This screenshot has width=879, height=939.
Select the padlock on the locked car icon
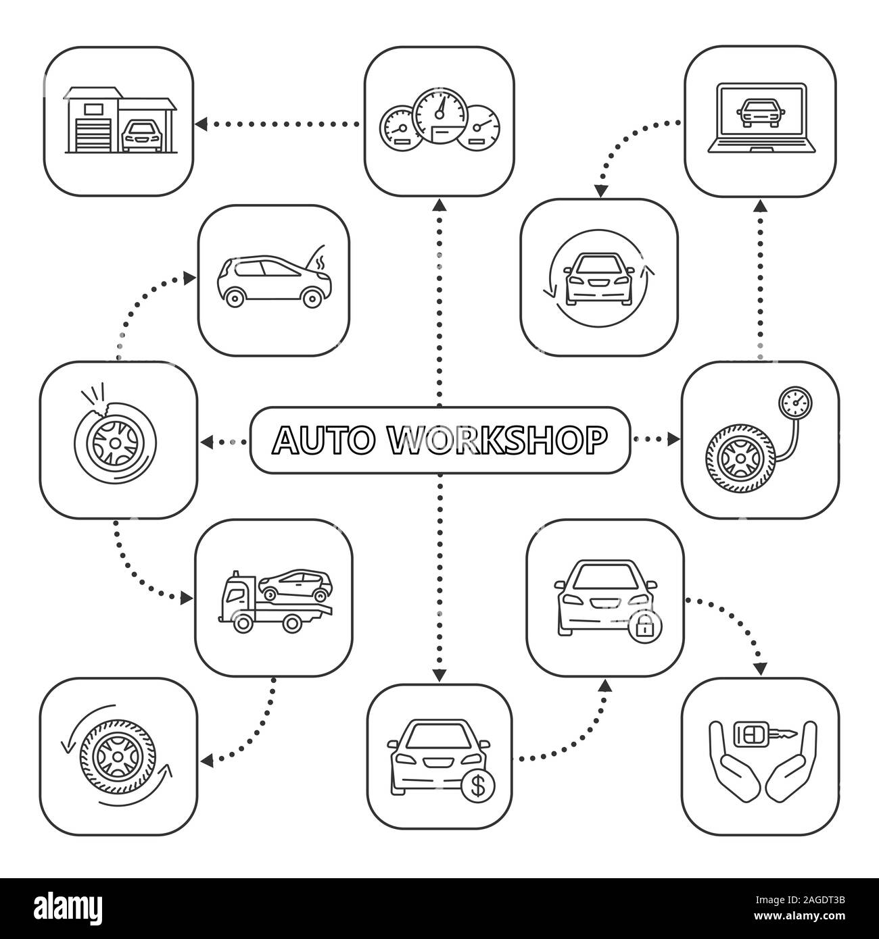(x=644, y=628)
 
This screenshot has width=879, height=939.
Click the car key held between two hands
(x=761, y=732)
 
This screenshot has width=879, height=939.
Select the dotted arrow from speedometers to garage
(x=277, y=124)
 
